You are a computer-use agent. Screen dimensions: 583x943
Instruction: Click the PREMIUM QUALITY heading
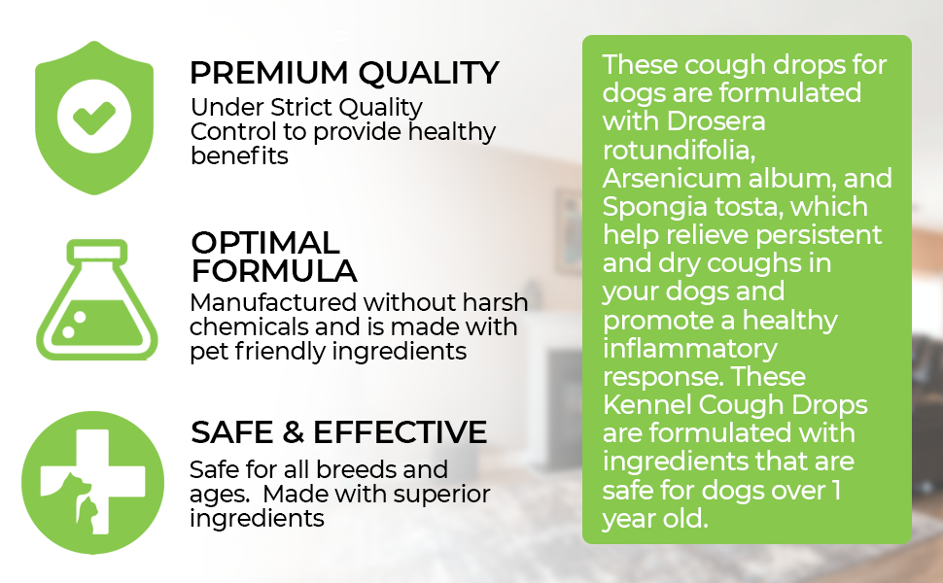(344, 73)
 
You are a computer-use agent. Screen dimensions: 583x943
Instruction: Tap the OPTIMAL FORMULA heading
(273, 257)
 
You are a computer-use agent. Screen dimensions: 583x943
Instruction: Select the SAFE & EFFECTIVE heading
(338, 431)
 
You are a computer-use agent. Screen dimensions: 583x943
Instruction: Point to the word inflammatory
(689, 347)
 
